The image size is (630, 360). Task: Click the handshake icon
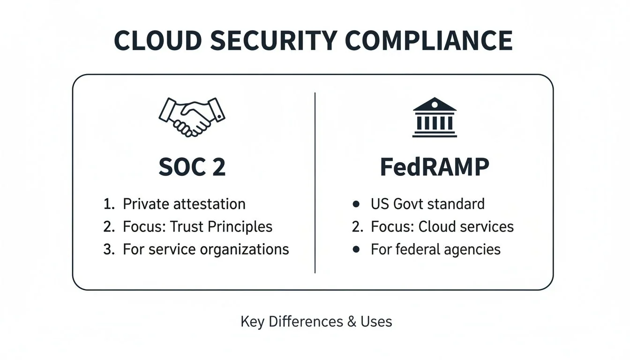[192, 117]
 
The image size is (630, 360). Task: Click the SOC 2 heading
[192, 167]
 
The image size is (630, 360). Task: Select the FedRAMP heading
[435, 167]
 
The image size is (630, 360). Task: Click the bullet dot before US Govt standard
[356, 204]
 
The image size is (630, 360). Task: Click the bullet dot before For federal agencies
[356, 249]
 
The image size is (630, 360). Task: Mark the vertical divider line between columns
[315, 183]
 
